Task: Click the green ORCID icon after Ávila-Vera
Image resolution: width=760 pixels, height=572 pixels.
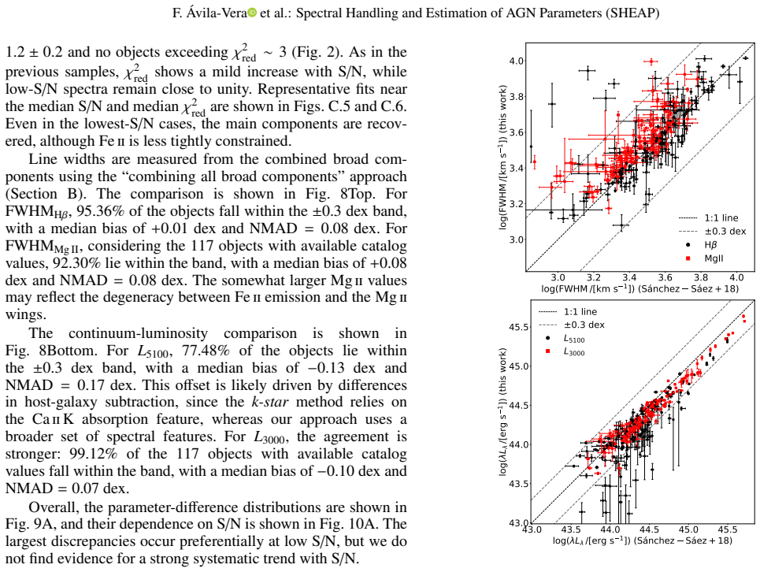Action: [252, 13]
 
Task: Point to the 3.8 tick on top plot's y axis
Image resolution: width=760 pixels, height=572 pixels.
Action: [516, 96]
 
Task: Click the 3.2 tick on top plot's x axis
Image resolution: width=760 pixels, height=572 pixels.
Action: [593, 278]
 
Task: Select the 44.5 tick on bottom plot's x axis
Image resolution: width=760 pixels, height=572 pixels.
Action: [649, 529]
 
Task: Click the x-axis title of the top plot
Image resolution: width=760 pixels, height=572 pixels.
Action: [640, 289]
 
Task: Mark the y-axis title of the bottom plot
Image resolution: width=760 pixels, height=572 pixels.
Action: [502, 411]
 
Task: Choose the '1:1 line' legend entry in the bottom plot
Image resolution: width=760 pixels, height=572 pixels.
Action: [568, 312]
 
